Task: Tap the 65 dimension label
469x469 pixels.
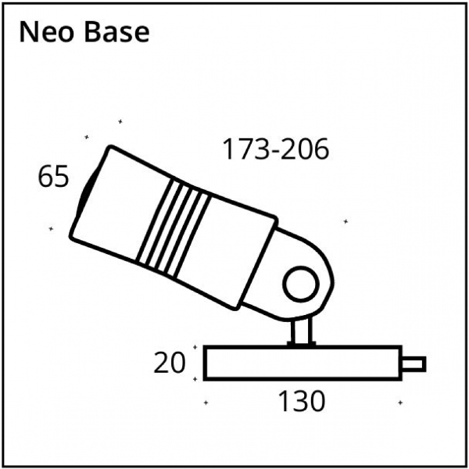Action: click(53, 177)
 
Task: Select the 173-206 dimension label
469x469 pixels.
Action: click(275, 149)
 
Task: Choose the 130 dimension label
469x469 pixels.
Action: click(301, 402)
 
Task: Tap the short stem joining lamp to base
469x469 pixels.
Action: click(300, 331)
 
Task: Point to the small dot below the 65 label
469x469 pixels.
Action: click(51, 229)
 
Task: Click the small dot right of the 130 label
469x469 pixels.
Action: click(400, 403)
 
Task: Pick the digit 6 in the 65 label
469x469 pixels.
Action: click(45, 177)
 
